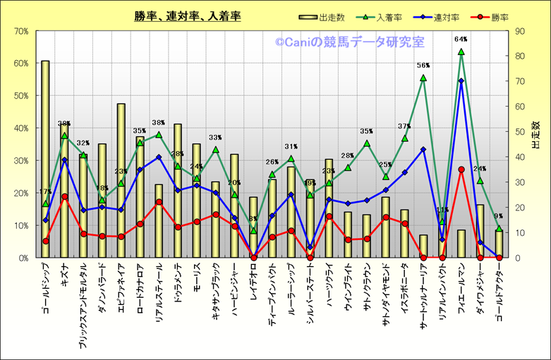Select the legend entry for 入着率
point(381,16)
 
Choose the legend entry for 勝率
point(485,16)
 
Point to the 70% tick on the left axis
point(20,31)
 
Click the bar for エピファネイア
point(121,181)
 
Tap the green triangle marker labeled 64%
point(461,52)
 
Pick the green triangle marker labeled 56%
point(423,78)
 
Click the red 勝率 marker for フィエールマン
point(461,169)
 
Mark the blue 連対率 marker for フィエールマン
point(461,80)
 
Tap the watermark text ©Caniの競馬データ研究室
point(350,43)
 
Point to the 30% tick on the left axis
point(20,160)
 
